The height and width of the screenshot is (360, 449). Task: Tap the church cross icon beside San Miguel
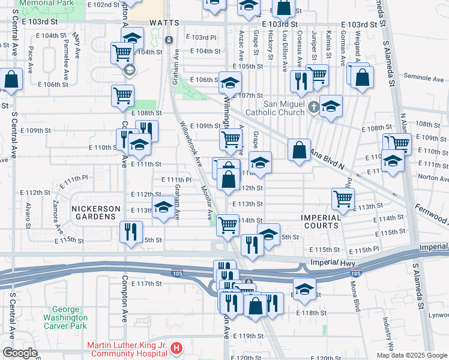tap(313, 108)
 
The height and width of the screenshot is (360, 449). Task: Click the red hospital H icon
tap(176, 348)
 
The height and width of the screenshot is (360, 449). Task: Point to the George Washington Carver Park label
tap(65, 321)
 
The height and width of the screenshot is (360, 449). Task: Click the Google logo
tap(20, 353)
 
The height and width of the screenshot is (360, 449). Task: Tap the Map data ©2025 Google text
tap(411, 355)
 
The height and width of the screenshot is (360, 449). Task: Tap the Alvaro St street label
tap(28, 213)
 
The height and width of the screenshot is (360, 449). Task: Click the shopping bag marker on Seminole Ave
tap(363, 78)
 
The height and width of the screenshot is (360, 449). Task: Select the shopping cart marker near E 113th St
tap(343, 198)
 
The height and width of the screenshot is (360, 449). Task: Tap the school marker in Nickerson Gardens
tap(163, 207)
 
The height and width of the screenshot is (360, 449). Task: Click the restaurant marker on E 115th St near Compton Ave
tap(131, 232)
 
